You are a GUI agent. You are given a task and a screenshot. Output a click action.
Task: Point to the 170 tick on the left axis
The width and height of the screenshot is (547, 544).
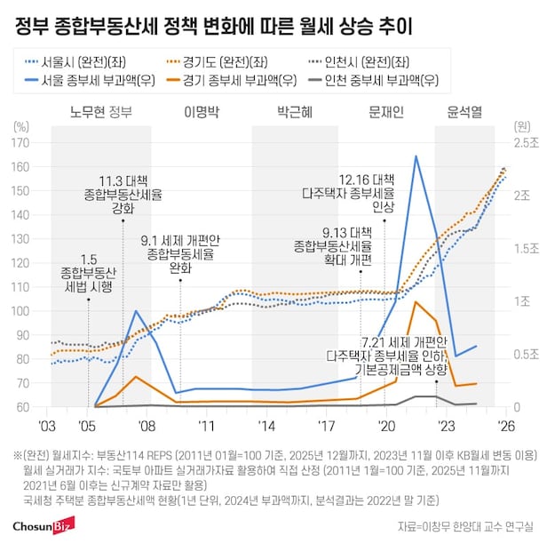click(27, 142)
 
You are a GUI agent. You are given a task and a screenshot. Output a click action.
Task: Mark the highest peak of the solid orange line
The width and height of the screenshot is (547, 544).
click(416, 302)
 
